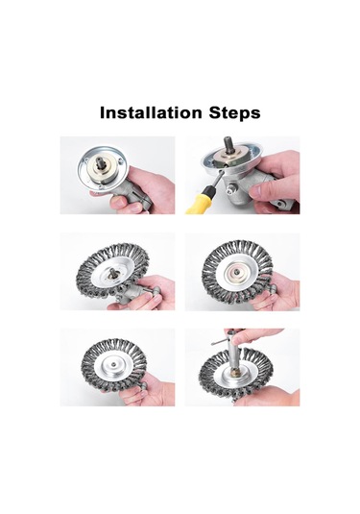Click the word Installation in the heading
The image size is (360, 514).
(x=151, y=112)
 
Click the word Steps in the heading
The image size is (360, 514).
(x=234, y=113)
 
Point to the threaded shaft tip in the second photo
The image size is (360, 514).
(x=228, y=144)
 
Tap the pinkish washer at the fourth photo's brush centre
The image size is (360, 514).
(x=235, y=271)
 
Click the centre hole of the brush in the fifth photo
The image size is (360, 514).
(x=112, y=364)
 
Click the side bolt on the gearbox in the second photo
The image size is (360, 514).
(x=230, y=188)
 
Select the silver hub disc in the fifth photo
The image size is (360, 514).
(x=113, y=365)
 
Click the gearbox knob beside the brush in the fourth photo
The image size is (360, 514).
(x=272, y=288)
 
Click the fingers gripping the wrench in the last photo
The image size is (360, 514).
(x=252, y=335)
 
